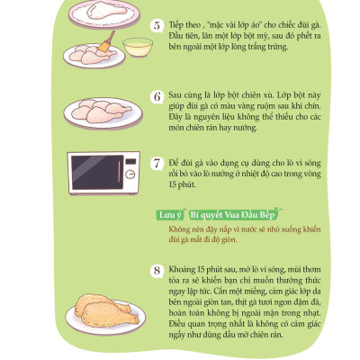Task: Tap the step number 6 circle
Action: pyautogui.click(x=156, y=95)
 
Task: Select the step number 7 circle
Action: pyautogui.click(x=156, y=164)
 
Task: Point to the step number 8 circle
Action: pyautogui.click(x=156, y=269)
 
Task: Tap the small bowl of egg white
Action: pyautogui.click(x=136, y=48)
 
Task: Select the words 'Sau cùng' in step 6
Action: pyautogui.click(x=182, y=94)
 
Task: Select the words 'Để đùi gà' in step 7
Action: pyautogui.click(x=183, y=162)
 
